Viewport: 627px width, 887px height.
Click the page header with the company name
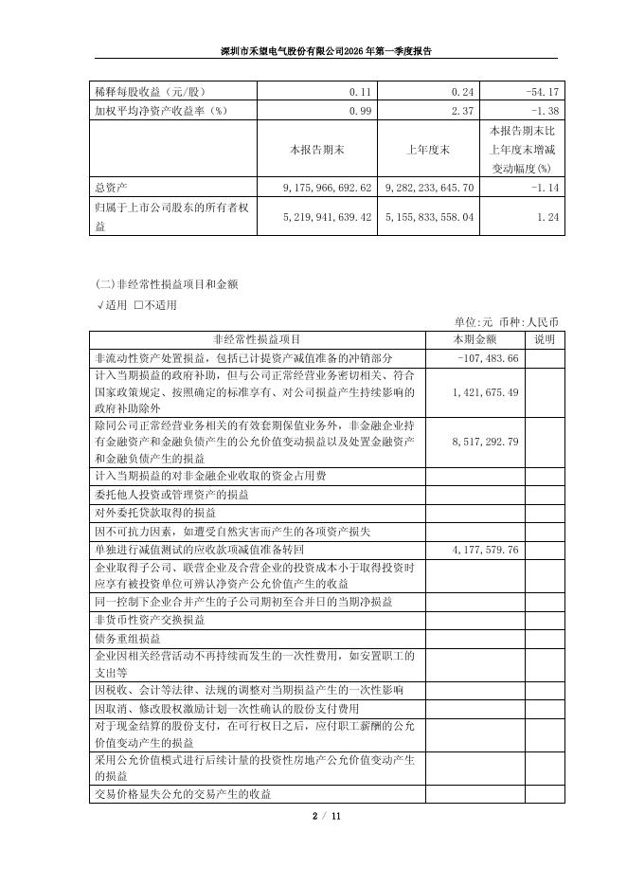(x=313, y=51)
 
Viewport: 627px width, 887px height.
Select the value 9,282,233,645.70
(x=430, y=189)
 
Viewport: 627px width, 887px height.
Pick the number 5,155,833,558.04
(x=430, y=218)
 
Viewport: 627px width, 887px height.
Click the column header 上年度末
(x=431, y=150)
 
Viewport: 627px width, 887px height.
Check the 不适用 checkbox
(x=139, y=305)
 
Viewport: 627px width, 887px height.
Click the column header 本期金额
(x=474, y=339)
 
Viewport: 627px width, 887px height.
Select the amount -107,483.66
(x=488, y=358)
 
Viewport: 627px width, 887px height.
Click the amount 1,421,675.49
(x=486, y=392)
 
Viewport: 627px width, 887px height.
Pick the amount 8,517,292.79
(x=486, y=442)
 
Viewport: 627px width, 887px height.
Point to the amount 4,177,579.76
(x=486, y=550)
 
